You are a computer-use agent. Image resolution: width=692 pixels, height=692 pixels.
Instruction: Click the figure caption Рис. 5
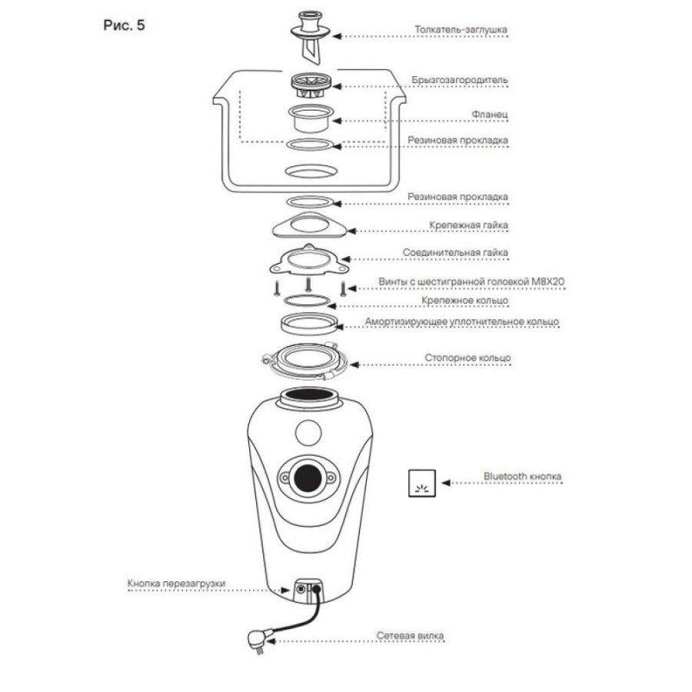tap(124, 25)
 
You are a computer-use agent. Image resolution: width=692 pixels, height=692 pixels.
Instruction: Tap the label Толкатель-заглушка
tap(461, 29)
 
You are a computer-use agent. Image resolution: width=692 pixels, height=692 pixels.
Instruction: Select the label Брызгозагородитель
tap(460, 80)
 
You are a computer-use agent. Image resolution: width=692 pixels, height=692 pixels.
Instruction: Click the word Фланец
tap(490, 115)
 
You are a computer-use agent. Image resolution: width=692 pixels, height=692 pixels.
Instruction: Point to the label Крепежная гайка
tap(468, 225)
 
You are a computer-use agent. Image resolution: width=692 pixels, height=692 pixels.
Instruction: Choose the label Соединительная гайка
tap(455, 252)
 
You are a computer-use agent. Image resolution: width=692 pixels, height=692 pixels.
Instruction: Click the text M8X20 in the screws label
tap(547, 281)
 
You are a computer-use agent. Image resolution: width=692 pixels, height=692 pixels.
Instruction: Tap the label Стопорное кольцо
tap(467, 358)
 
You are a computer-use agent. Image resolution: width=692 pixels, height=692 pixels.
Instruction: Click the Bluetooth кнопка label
tap(522, 476)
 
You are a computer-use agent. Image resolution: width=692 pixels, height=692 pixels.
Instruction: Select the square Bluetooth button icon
tap(422, 484)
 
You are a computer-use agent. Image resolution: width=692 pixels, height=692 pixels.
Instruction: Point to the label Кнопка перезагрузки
tap(176, 584)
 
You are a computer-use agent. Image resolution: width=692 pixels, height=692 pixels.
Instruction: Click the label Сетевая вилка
tap(410, 636)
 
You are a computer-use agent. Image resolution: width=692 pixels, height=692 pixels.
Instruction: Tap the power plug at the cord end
tap(258, 640)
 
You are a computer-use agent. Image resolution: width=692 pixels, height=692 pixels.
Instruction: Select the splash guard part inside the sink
tap(311, 85)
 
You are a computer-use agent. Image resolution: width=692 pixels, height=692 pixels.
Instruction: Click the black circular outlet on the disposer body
tap(308, 477)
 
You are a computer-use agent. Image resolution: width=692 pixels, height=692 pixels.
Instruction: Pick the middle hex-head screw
tap(308, 284)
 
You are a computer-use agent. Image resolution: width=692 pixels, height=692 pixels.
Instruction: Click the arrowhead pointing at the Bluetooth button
tap(446, 483)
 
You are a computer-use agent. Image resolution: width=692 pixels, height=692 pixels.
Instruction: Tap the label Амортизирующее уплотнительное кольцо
tap(461, 322)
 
